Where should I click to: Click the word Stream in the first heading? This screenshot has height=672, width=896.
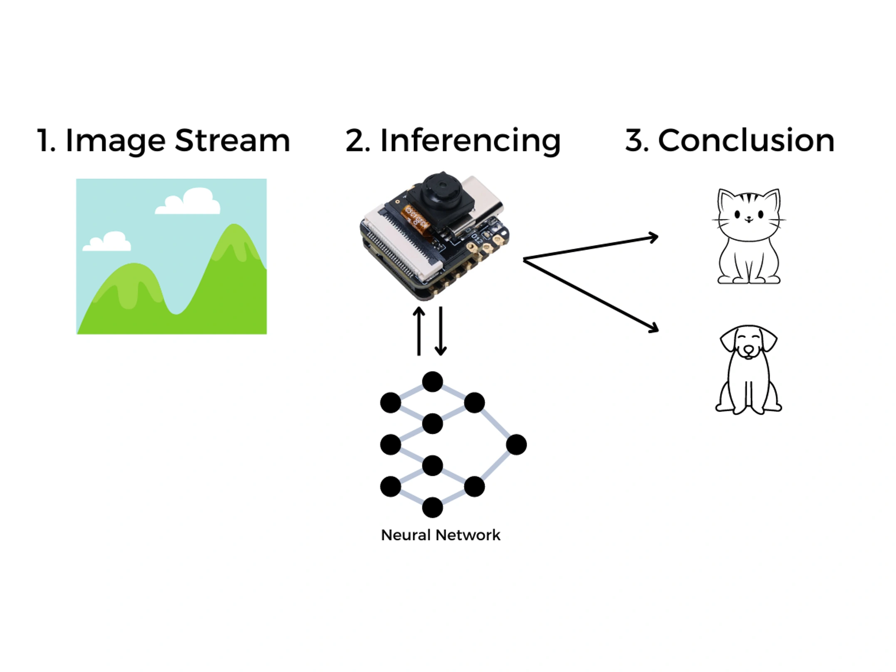coord(232,141)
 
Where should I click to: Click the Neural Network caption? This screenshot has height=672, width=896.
coord(441,535)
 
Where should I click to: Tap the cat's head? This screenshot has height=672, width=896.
coord(748,212)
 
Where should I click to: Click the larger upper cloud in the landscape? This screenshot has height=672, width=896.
coord(189,203)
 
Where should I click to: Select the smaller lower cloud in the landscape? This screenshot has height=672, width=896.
coord(108,243)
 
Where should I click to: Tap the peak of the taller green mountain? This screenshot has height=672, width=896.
coord(234,227)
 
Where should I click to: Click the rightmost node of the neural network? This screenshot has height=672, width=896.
coord(516,444)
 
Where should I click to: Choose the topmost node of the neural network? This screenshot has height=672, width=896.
coord(432,382)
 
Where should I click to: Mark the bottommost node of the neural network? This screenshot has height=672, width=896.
coord(432,507)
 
